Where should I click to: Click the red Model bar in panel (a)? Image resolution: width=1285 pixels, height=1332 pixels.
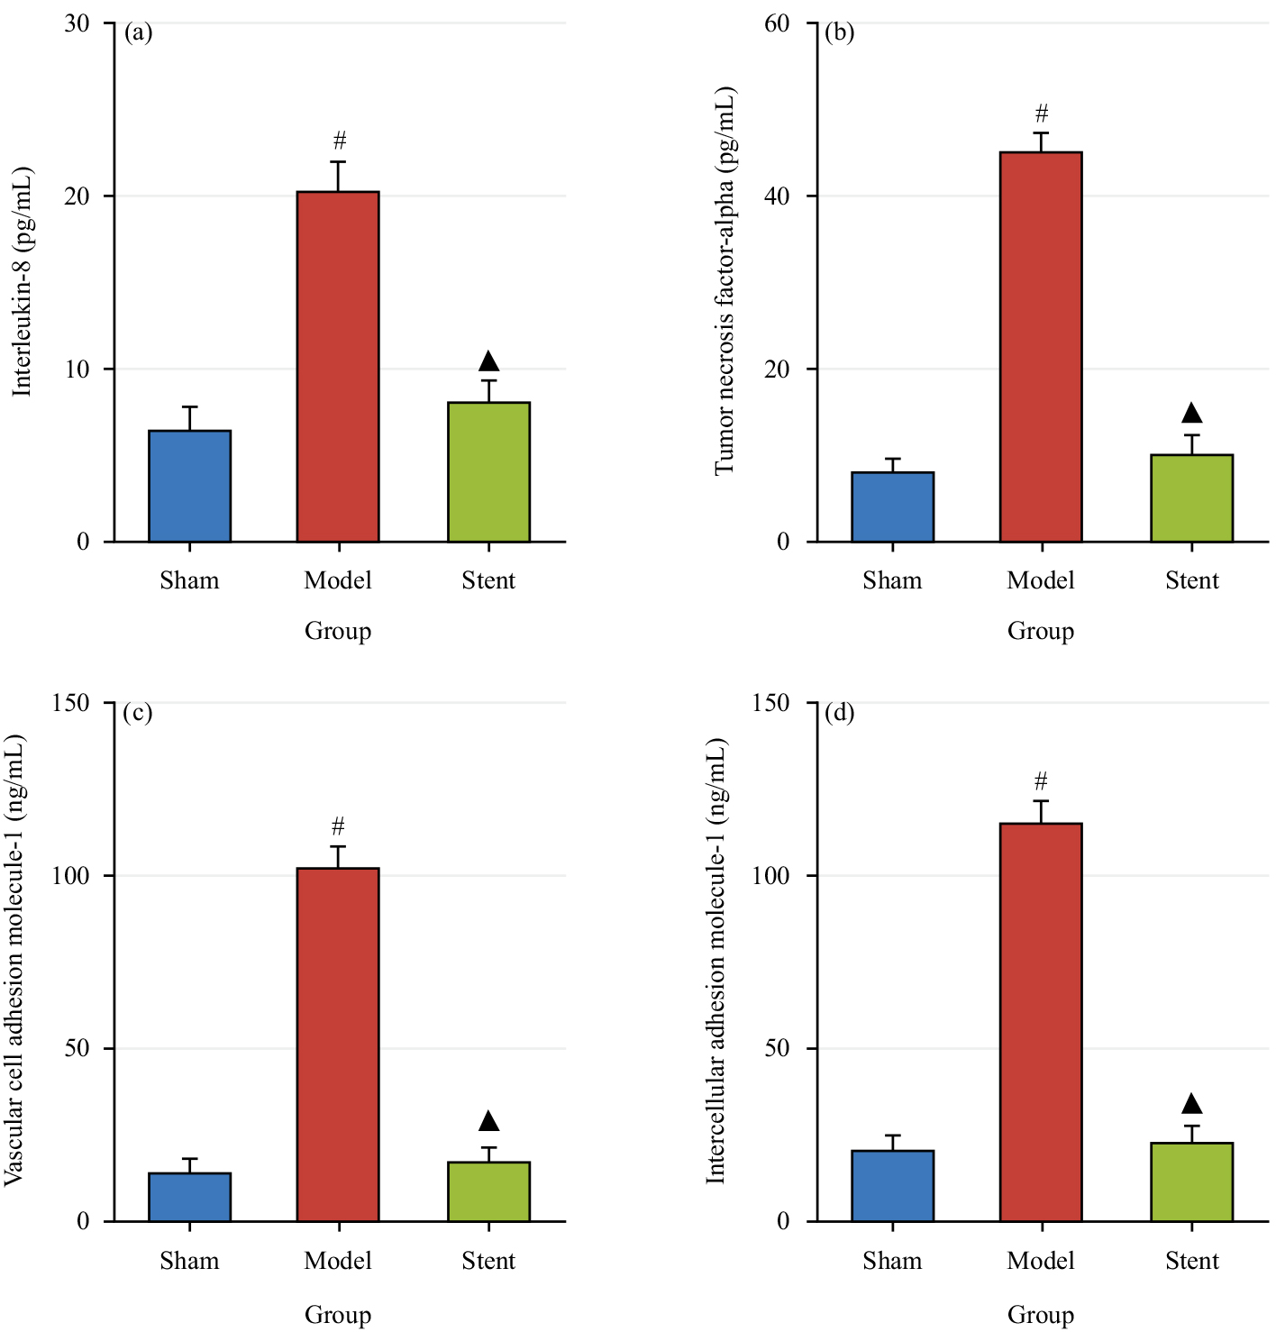point(338,367)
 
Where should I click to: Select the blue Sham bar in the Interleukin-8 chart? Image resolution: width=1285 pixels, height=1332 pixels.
point(189,486)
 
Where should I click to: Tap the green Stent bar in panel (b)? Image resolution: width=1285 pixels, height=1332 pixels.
point(1191,498)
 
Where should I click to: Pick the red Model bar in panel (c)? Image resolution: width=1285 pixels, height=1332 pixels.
point(338,1045)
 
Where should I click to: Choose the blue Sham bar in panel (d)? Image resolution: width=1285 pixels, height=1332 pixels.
point(892,1186)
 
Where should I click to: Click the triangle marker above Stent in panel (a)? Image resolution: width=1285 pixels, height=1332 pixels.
point(488,361)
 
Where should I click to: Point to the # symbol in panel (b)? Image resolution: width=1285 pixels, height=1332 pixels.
point(1042,114)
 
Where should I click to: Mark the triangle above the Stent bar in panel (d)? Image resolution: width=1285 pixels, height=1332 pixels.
point(1191,1103)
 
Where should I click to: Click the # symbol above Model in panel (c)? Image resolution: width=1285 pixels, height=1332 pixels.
point(338,826)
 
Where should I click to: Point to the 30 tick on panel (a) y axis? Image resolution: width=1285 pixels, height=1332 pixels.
point(77,23)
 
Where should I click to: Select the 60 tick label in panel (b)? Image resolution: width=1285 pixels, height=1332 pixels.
point(777,23)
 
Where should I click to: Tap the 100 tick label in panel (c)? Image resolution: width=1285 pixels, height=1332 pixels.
point(71,876)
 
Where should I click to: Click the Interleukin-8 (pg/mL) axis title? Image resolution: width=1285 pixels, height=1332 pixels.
point(22,281)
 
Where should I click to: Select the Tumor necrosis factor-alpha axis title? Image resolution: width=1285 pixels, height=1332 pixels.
point(725,281)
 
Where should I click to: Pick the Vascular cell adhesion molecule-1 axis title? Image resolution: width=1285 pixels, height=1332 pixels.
point(14,961)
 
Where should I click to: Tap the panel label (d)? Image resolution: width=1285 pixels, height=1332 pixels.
point(839,713)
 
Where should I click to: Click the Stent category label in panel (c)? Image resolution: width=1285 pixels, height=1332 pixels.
point(488,1261)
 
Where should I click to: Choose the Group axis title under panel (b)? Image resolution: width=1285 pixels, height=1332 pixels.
point(1041,631)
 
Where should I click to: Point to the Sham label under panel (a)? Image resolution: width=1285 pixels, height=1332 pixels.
point(189,580)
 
